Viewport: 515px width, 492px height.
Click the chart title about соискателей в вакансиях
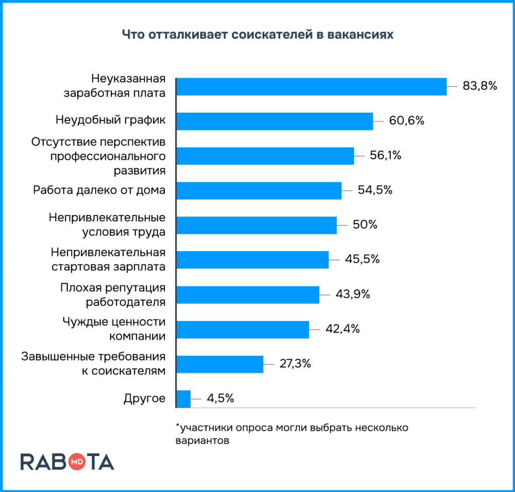click(257, 34)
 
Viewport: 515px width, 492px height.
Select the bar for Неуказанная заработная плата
click(311, 86)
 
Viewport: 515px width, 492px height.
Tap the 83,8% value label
click(479, 86)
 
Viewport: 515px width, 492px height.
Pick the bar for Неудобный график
click(274, 121)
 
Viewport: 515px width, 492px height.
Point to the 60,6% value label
click(406, 121)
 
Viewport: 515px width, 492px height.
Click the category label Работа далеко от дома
click(99, 190)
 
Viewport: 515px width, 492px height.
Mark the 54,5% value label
click(375, 190)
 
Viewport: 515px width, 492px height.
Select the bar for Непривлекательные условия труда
click(256, 225)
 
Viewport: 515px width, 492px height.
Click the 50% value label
click(365, 225)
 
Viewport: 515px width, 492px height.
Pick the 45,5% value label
click(362, 259)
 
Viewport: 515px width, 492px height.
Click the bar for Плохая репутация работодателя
click(248, 294)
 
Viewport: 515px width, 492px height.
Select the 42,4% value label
click(342, 329)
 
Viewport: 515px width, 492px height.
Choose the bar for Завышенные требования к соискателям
click(220, 364)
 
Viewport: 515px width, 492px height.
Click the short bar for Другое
click(183, 398)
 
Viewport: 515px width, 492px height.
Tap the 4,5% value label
click(220, 398)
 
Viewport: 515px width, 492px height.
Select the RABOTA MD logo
click(67, 462)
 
